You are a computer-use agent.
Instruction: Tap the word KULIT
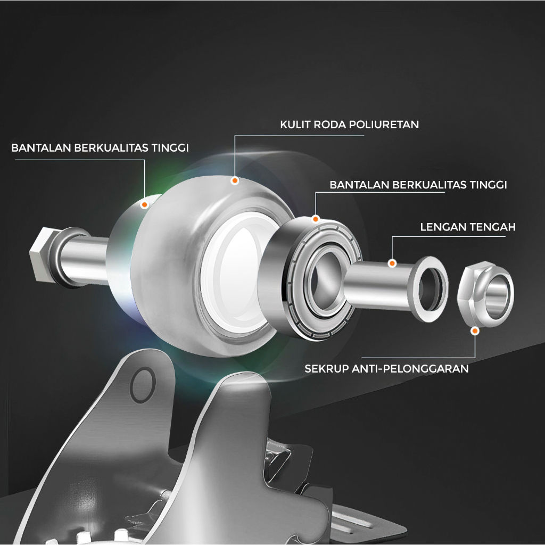295,125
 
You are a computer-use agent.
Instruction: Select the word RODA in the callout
329,125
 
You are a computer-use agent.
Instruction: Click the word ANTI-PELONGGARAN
410,368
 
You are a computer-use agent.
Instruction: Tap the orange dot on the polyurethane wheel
235,180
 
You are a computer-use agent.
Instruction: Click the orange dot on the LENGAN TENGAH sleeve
392,263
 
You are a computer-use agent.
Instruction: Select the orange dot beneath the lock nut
475,331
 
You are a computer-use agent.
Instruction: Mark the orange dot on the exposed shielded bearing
316,219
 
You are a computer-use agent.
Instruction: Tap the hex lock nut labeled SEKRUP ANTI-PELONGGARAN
486,295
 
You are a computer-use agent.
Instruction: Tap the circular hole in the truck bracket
143,385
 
